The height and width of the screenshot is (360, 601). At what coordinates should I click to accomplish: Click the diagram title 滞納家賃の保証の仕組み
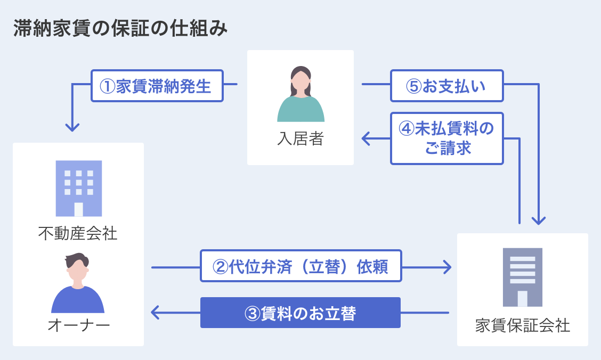(120, 29)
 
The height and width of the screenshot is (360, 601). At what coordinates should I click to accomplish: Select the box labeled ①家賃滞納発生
(157, 86)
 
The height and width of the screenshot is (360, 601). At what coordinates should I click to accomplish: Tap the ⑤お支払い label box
(446, 86)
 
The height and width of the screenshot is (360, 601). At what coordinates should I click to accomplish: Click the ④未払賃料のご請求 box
(446, 138)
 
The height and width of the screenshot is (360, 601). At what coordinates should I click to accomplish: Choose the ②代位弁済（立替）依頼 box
(300, 266)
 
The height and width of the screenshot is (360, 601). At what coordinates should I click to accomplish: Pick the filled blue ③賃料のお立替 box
(300, 313)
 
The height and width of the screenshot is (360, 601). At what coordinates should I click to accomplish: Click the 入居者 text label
(300, 139)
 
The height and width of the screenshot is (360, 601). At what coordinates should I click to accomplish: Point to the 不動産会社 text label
(78, 233)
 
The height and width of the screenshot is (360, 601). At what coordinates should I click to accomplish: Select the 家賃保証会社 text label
(522, 325)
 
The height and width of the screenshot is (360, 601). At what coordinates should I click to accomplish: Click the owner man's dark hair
(78, 260)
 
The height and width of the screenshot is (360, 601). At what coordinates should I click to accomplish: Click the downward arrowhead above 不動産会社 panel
(72, 128)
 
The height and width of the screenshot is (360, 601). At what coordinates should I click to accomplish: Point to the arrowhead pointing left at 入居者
(366, 139)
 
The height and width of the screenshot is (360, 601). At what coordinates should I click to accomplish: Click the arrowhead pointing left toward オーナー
(156, 313)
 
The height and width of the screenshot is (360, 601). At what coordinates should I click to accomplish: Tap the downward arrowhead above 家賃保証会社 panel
(539, 220)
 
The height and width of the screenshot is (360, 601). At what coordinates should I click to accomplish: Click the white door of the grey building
(522, 299)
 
